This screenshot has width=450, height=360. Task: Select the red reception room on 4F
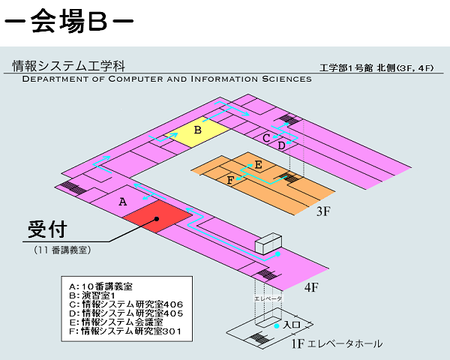pyautogui.click(x=157, y=217)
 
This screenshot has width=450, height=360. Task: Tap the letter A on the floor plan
pyautogui.click(x=123, y=202)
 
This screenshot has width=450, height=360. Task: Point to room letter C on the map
pyautogui.click(x=266, y=138)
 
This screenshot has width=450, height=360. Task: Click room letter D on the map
pyautogui.click(x=281, y=145)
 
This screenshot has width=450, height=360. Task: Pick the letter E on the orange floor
pyautogui.click(x=258, y=165)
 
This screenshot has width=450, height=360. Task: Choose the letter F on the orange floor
pyautogui.click(x=230, y=180)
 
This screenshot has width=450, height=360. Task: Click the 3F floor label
pyautogui.click(x=323, y=211)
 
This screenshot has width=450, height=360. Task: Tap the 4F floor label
pyautogui.click(x=311, y=286)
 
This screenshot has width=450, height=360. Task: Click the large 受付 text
pyautogui.click(x=47, y=229)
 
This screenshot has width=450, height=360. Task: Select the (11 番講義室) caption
pyautogui.click(x=62, y=250)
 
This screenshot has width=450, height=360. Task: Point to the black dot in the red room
pyautogui.click(x=157, y=219)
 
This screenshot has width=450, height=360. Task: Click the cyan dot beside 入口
pyautogui.click(x=277, y=326)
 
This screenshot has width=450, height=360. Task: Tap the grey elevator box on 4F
pyautogui.click(x=268, y=244)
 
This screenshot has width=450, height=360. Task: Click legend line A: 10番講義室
pyautogui.click(x=100, y=286)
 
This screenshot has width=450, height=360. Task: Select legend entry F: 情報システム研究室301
pyautogui.click(x=125, y=331)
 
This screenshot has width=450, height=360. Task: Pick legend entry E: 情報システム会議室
pyautogui.click(x=116, y=322)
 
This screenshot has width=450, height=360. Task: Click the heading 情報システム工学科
pyautogui.click(x=68, y=66)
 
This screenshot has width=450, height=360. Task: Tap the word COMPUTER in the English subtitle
pyautogui.click(x=136, y=79)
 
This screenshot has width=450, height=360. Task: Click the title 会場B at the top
pyautogui.click(x=69, y=21)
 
